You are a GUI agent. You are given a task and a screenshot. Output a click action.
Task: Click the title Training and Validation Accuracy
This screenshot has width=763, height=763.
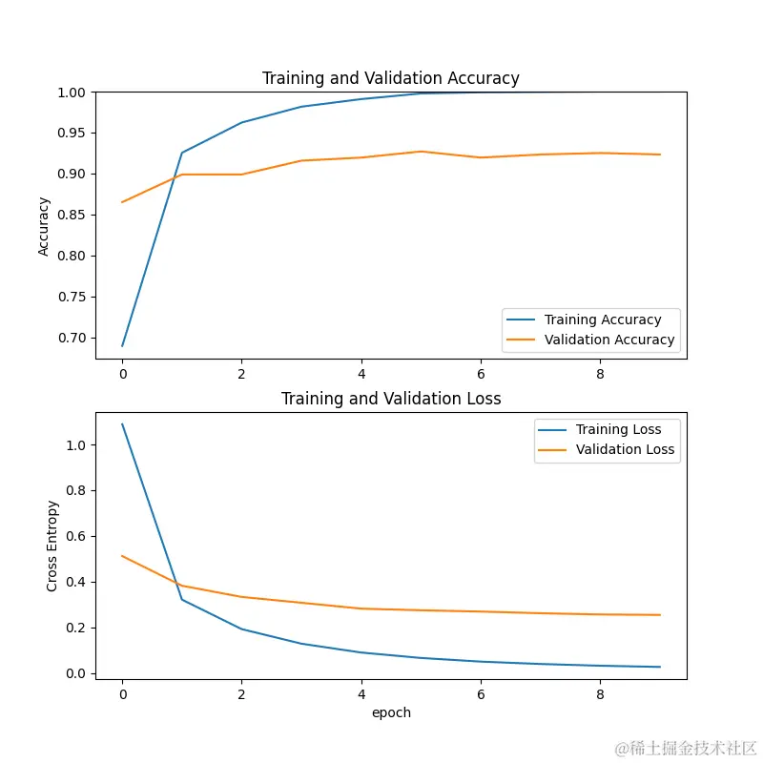point(391,78)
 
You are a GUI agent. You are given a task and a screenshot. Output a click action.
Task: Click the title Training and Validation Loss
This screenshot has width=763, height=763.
point(391,399)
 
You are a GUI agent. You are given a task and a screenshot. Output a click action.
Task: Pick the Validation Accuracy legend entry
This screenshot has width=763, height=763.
point(609,340)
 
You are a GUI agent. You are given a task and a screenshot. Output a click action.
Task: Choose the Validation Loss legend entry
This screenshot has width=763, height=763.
point(625,449)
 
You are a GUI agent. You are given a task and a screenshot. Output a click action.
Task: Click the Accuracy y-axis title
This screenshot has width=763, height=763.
point(44,226)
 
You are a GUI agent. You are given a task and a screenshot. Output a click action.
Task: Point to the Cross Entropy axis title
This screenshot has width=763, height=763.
point(52,546)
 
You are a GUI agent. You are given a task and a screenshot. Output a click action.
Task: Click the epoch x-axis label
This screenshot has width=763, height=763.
point(391,712)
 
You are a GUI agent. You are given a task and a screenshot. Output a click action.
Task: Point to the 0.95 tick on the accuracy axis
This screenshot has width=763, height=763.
point(72,134)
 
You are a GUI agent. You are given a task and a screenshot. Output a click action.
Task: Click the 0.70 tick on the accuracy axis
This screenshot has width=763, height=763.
point(72,339)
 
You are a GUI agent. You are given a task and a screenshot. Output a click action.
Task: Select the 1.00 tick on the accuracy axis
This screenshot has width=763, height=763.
point(72,93)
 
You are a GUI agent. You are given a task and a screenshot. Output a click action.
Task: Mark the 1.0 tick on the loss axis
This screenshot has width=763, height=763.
point(76,445)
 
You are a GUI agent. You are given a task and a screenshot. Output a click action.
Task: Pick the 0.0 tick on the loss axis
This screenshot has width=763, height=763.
point(76,674)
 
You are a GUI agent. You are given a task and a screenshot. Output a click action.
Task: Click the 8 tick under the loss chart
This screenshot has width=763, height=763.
point(601,695)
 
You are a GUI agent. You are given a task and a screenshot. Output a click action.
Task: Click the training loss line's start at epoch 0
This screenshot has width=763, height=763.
point(122,424)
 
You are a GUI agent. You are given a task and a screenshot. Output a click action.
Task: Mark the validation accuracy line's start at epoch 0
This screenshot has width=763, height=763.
point(122,202)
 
